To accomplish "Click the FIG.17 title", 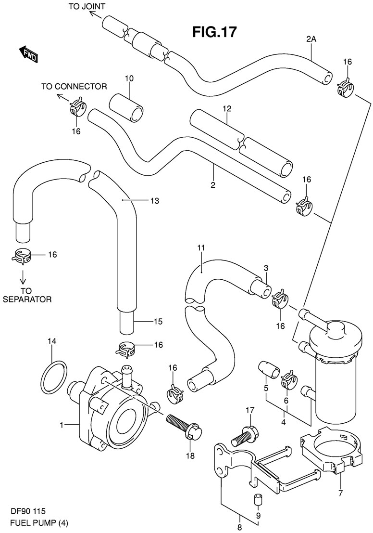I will pos(214,32).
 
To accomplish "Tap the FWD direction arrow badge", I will pos(29,53).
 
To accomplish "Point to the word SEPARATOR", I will pos(27,299).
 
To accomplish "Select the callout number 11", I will pos(200,248).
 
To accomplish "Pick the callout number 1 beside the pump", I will pos(62,425).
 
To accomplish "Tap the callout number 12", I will pos(226,109).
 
